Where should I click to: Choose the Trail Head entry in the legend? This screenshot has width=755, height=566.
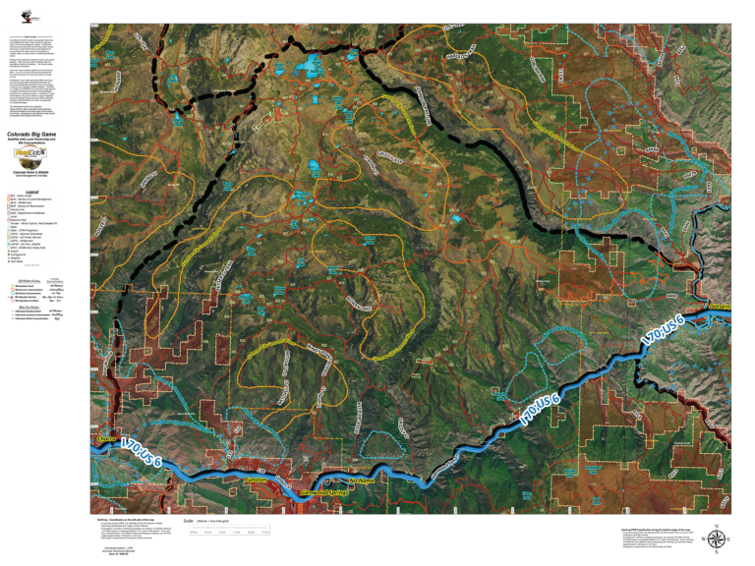tap(19, 260)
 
